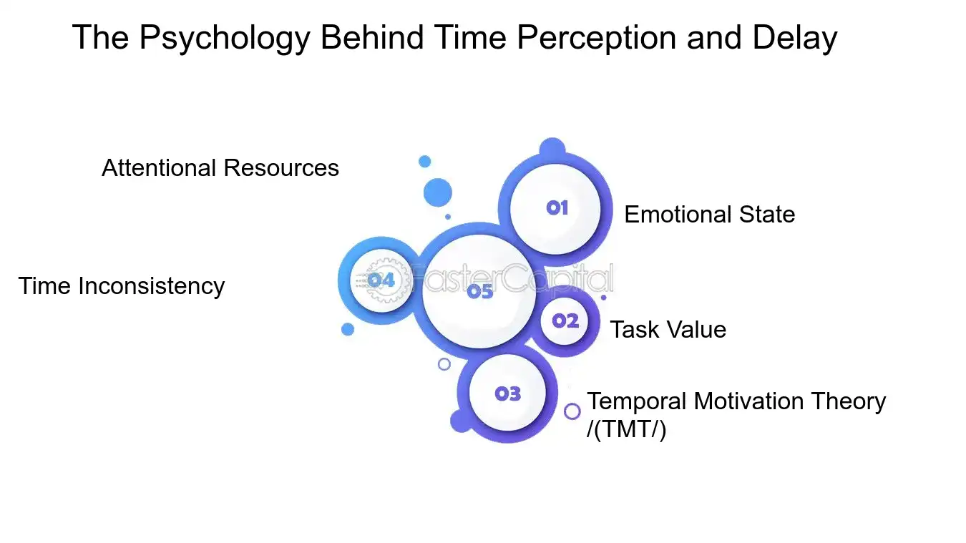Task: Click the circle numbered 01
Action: coord(555,208)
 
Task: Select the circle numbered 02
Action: coord(565,321)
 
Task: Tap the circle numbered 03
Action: coord(507,393)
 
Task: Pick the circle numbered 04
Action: coord(380,280)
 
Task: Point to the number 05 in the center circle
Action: coord(480,292)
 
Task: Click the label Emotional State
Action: coord(709,215)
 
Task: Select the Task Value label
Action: coord(668,330)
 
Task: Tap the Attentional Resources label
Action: coord(220,168)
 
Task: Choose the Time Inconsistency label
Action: coord(122,286)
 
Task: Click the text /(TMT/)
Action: coord(626,431)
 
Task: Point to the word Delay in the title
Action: coord(794,37)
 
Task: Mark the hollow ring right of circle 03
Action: coord(572,411)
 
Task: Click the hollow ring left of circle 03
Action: coord(444,364)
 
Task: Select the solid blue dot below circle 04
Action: coord(348,329)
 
